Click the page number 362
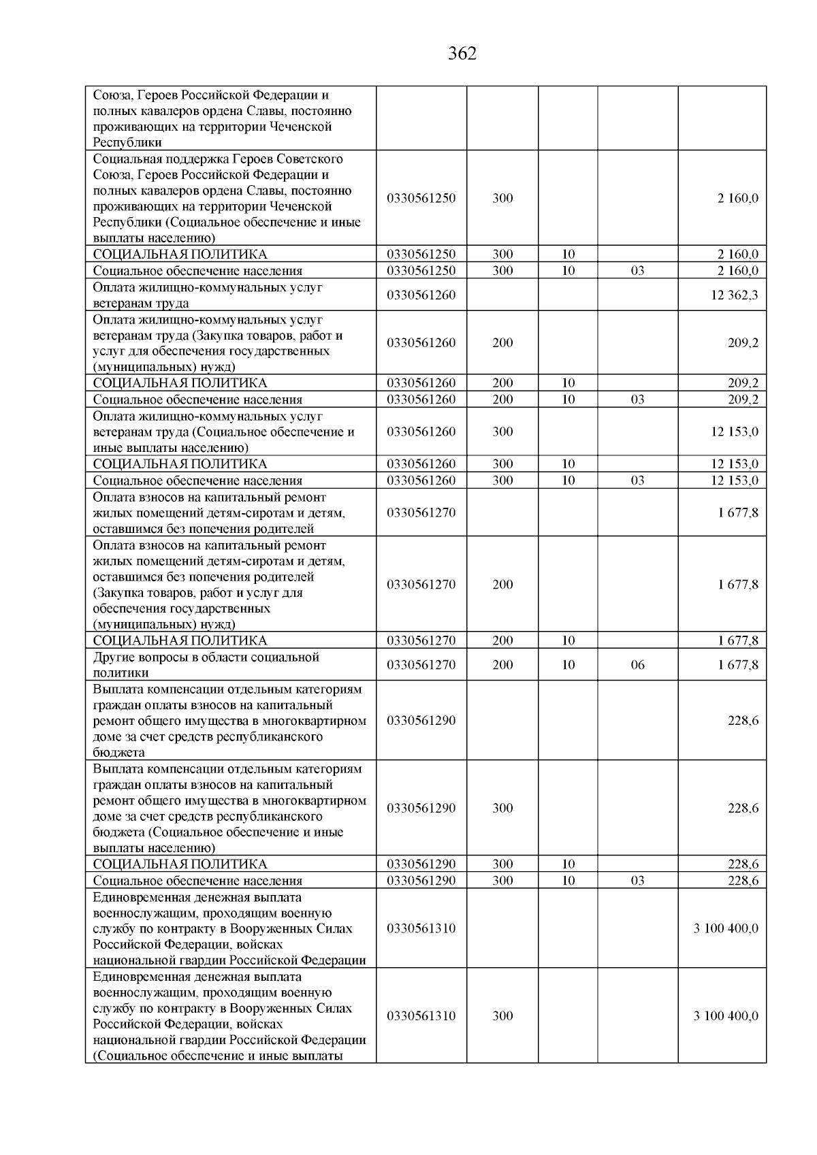tap(462, 54)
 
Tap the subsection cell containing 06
tap(637, 665)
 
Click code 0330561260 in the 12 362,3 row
tap(421, 295)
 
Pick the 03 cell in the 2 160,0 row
tap(637, 271)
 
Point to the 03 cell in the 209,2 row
tap(637, 400)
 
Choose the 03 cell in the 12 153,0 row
tap(637, 481)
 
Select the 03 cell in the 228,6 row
tap(637, 881)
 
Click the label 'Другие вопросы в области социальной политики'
tap(206, 665)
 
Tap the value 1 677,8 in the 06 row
tap(738, 665)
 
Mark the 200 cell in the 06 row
tap(502, 665)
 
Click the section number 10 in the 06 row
tap(568, 665)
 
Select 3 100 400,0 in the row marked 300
tap(726, 1016)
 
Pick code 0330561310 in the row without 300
tap(421, 928)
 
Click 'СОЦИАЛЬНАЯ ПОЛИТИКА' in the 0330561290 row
tap(180, 864)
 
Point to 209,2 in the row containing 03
tap(743, 400)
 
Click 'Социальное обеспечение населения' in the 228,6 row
tap(197, 881)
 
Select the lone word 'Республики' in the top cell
tap(127, 143)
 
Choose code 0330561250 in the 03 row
tap(421, 271)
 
